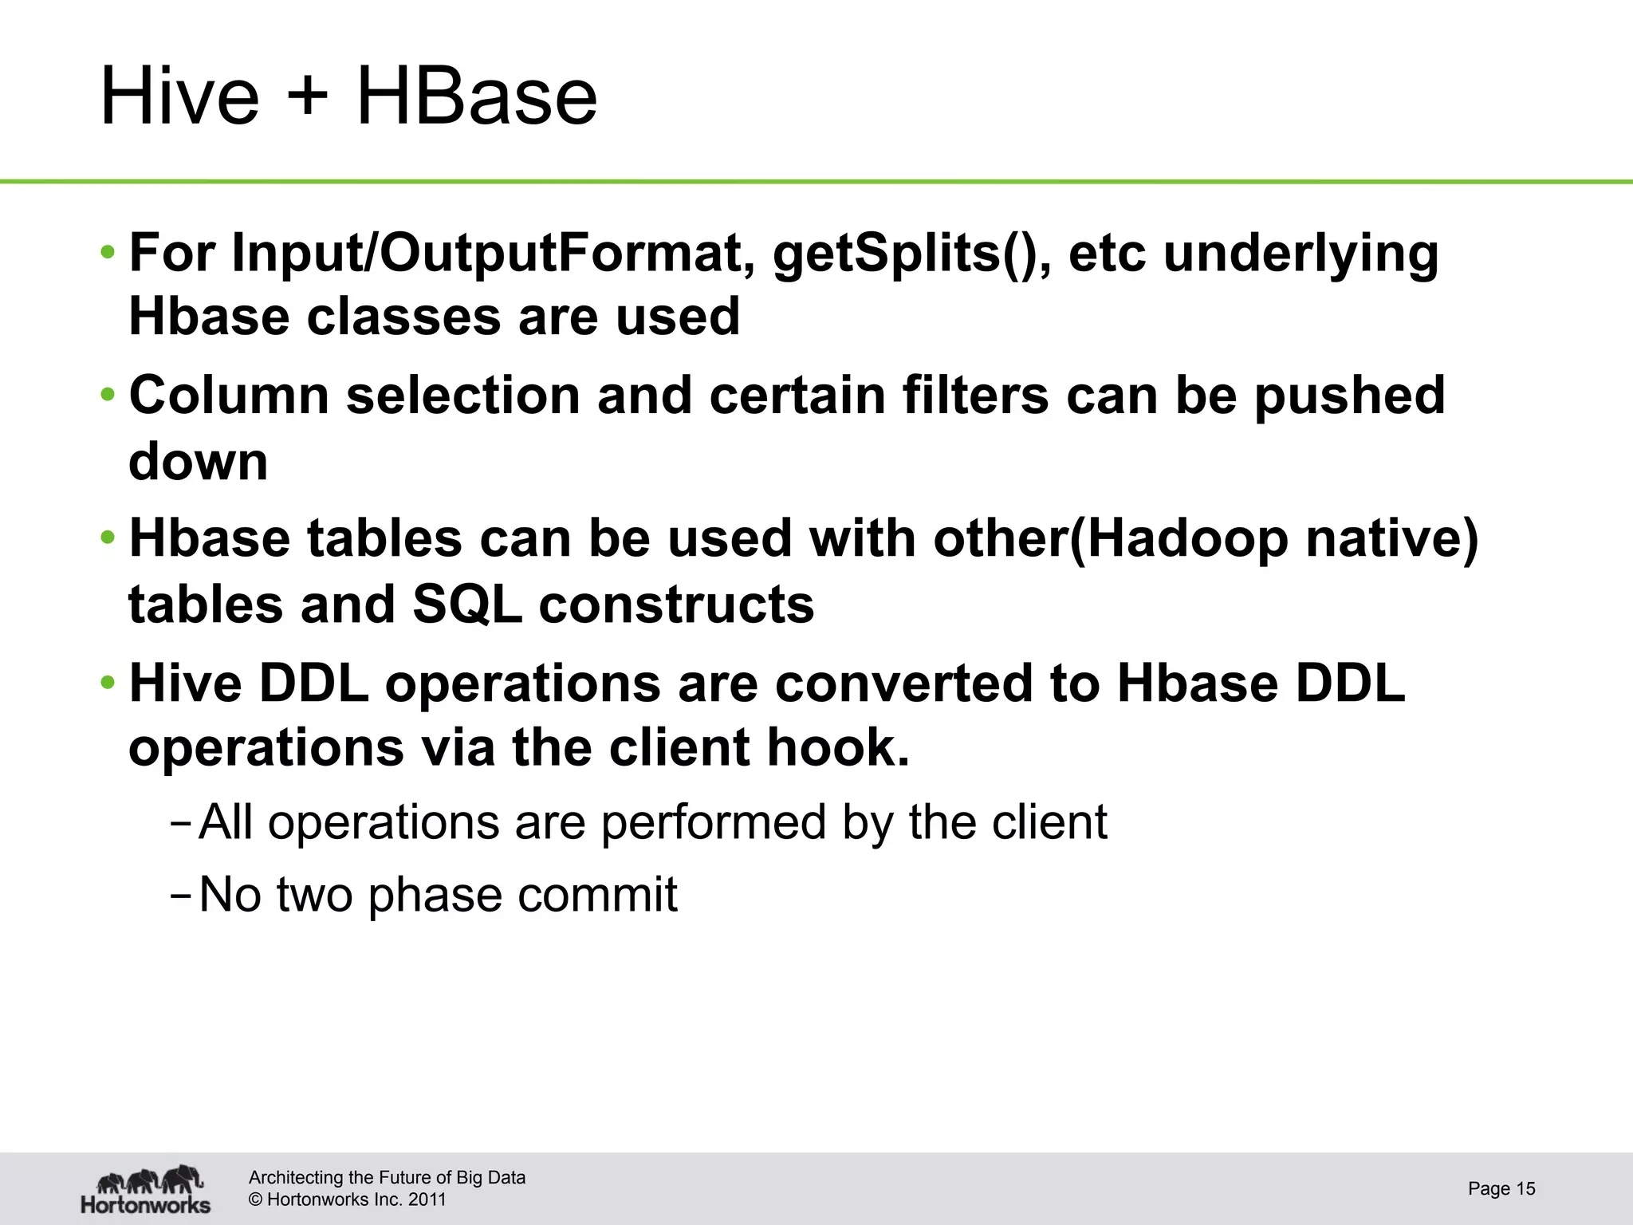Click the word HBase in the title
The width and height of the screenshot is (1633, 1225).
(476, 97)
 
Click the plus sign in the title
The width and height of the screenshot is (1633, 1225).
(306, 97)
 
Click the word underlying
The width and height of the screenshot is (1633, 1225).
(1300, 254)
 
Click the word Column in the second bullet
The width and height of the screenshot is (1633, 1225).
(229, 396)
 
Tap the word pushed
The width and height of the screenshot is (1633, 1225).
(1349, 396)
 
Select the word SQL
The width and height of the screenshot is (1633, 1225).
(466, 604)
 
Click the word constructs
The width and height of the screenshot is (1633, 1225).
(676, 604)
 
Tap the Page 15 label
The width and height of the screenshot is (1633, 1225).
(1501, 1188)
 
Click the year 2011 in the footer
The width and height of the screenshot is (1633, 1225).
(427, 1199)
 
